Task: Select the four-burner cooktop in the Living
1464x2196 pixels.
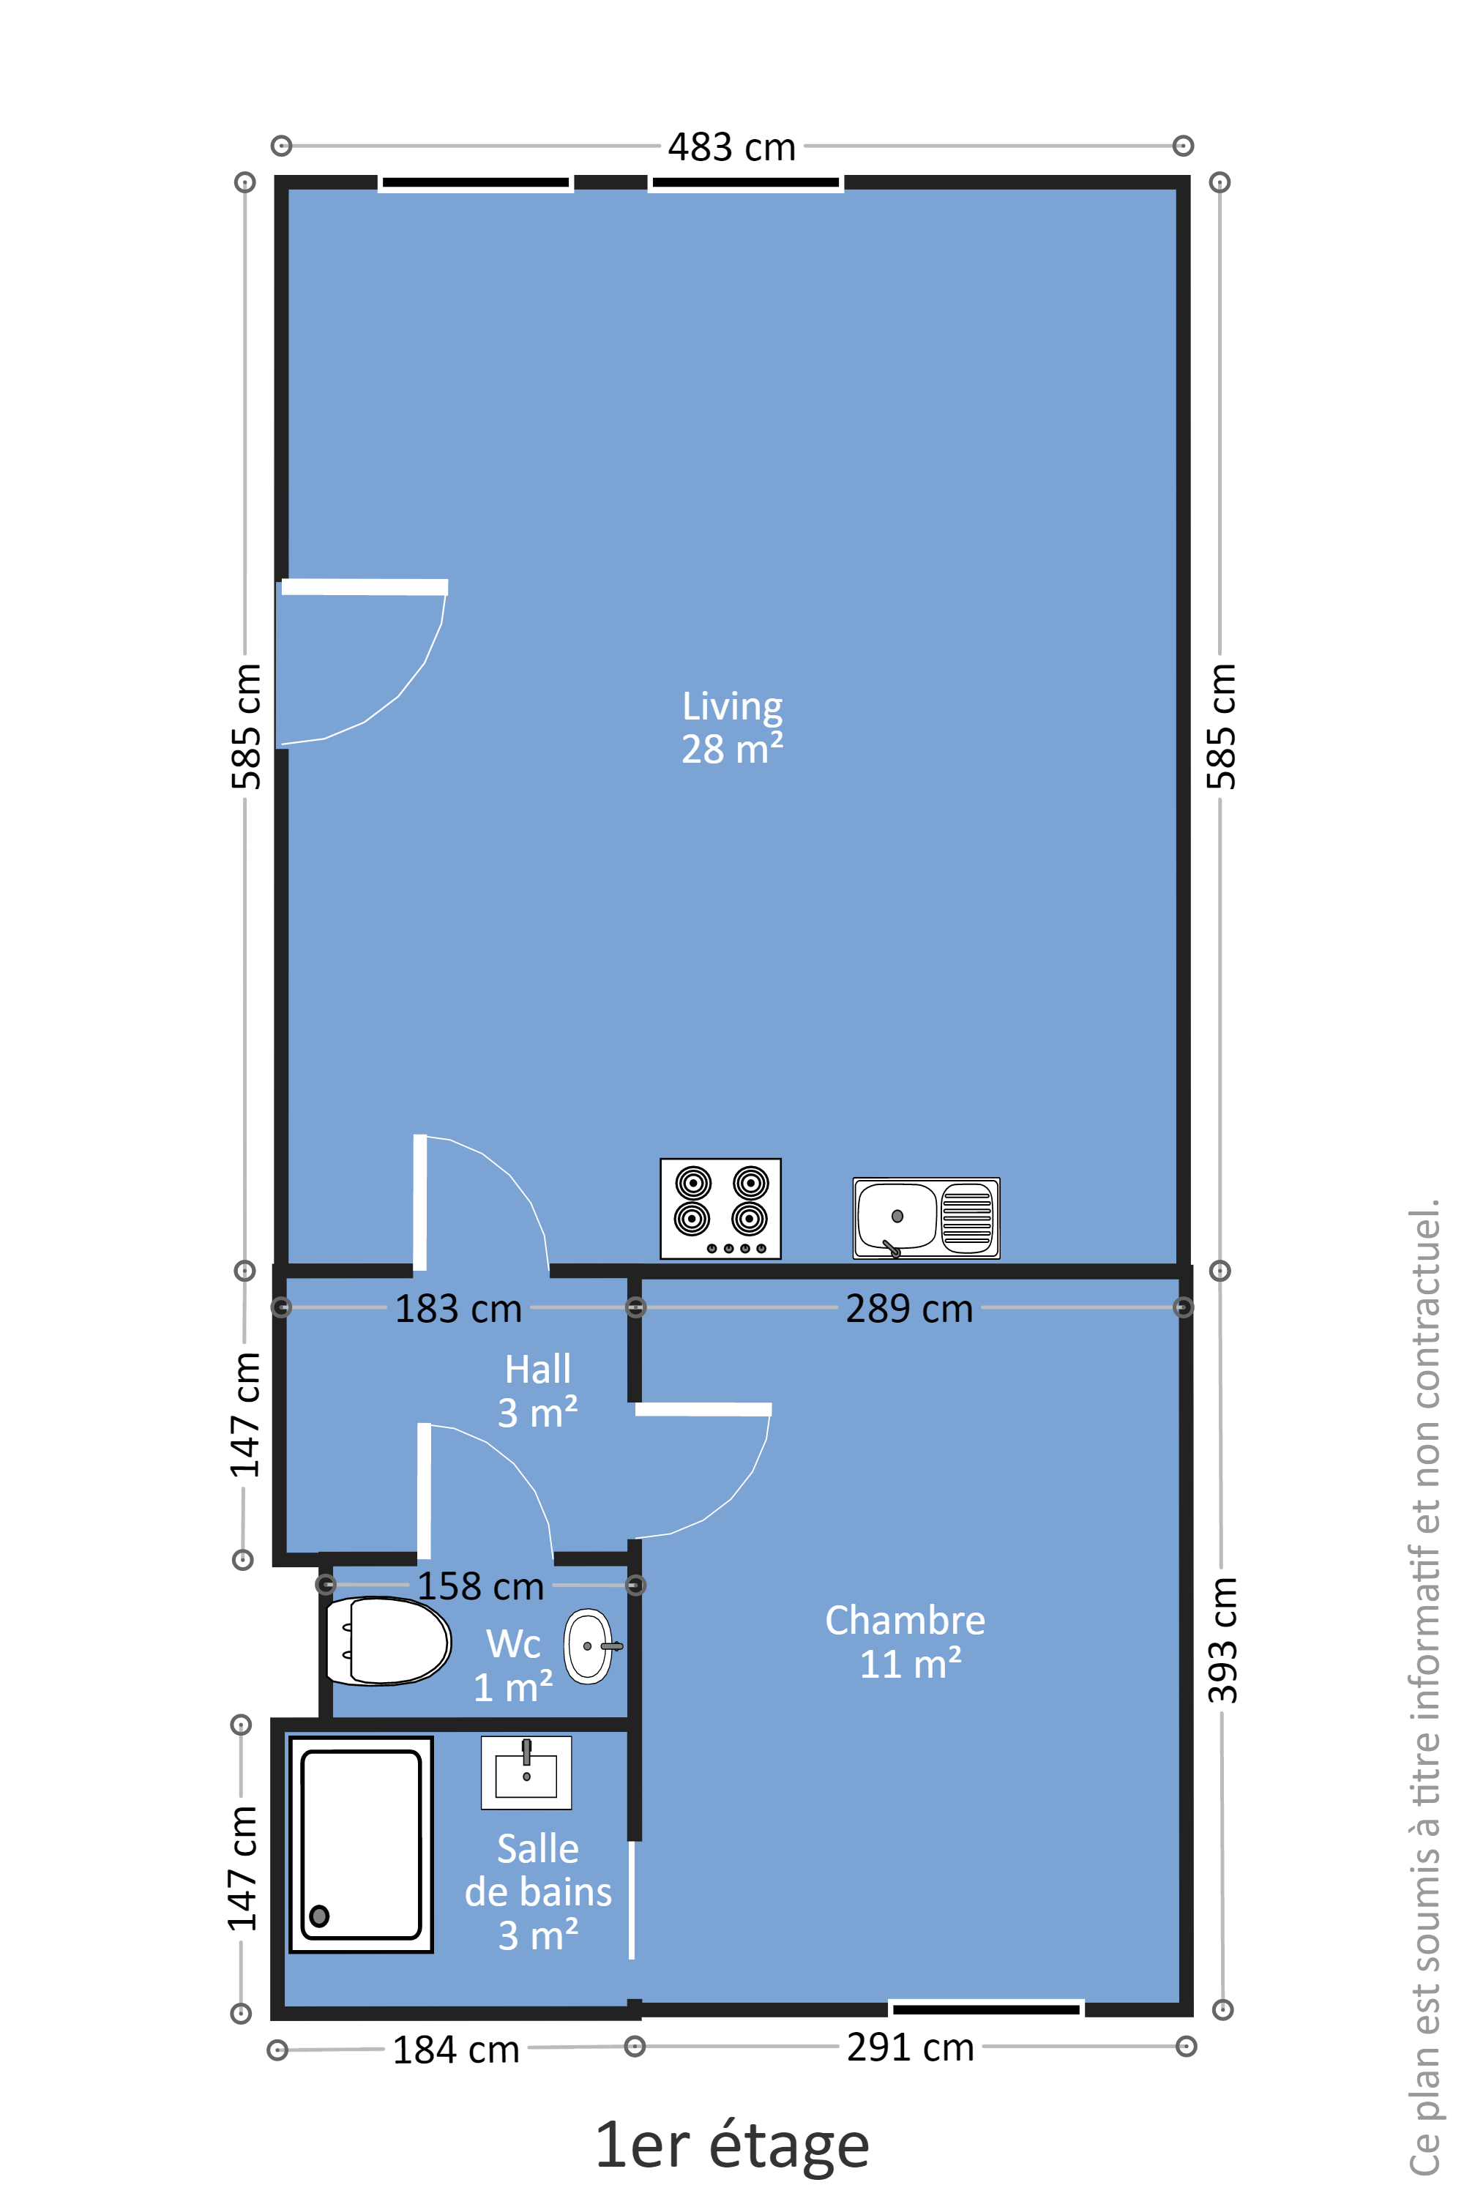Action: tap(720, 1209)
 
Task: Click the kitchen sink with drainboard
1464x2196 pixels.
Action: tap(926, 1217)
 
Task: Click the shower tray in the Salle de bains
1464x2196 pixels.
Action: tap(362, 1844)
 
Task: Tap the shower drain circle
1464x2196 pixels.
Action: tap(319, 1916)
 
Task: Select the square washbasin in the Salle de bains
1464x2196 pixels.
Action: tap(526, 1772)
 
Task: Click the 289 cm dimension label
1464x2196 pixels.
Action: tap(908, 1309)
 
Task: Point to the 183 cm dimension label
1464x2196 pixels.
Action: tap(457, 1309)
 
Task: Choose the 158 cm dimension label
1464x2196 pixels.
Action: tap(480, 1586)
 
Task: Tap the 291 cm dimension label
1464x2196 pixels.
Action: tap(911, 2047)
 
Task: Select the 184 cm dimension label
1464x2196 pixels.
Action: tap(455, 2050)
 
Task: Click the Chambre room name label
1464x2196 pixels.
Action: tap(905, 1621)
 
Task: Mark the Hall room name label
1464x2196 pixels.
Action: tap(538, 1370)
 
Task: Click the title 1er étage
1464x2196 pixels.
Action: tap(732, 2145)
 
